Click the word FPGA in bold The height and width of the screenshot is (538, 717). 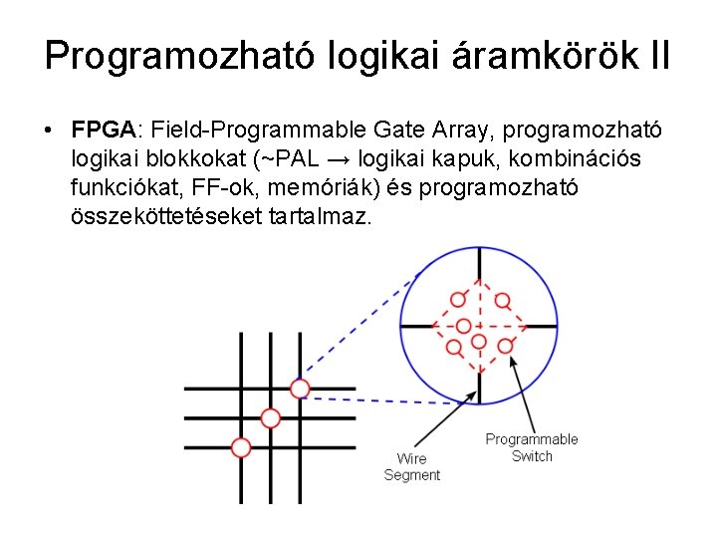pos(104,130)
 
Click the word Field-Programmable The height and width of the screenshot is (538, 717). pos(262,130)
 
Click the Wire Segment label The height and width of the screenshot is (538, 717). pos(411,467)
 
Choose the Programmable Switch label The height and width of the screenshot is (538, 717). pos(531,447)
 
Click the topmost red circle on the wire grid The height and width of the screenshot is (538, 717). pos(300,388)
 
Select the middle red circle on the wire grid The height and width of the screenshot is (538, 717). pos(270,417)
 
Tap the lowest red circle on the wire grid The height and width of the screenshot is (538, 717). pos(240,447)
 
